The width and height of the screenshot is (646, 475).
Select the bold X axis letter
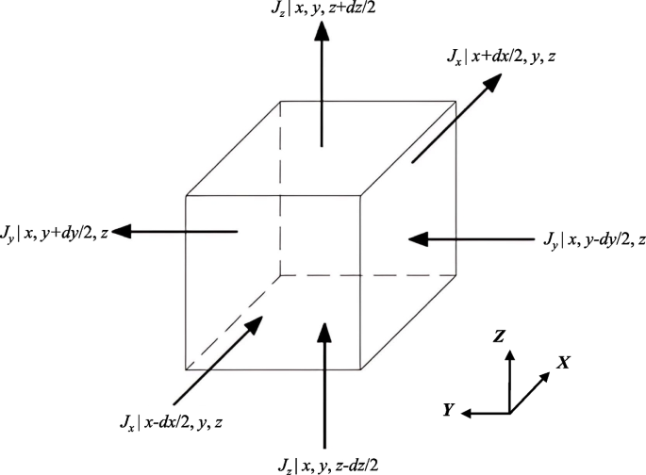coord(562,361)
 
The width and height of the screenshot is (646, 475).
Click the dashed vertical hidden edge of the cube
coord(280,188)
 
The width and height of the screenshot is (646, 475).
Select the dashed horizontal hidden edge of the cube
coord(368,275)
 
